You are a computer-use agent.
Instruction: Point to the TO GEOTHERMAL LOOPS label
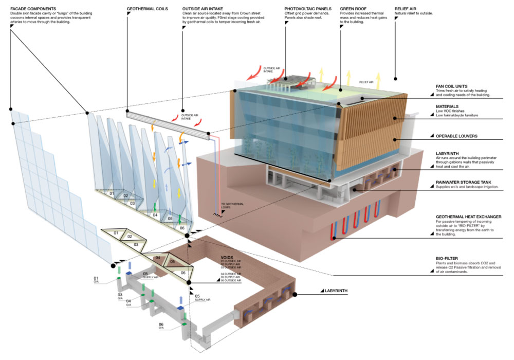(232, 207)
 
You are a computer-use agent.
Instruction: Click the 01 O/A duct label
(96, 280)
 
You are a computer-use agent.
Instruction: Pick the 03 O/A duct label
(120, 296)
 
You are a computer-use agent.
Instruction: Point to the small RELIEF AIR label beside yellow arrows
(365, 82)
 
